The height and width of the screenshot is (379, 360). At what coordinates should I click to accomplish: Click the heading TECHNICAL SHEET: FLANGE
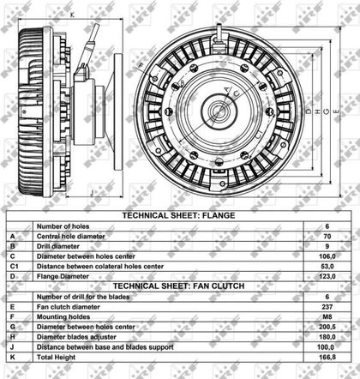(178, 215)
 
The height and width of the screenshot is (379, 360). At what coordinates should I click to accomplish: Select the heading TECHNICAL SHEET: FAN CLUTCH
(178, 286)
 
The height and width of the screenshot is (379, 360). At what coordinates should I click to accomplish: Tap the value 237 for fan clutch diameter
(327, 307)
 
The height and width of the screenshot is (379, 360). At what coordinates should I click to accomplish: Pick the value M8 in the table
(327, 317)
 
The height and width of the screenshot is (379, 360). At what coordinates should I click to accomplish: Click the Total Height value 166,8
(327, 358)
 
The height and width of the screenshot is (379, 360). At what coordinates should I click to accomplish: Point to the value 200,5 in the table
(327, 327)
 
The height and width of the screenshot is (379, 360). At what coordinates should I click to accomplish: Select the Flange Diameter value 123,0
(327, 277)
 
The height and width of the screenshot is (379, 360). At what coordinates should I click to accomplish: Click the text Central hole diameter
(71, 237)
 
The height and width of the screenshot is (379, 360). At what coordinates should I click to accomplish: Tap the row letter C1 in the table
(15, 267)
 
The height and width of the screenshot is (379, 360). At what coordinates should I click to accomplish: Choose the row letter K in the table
(13, 358)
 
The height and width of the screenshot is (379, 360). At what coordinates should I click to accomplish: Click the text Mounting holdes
(63, 317)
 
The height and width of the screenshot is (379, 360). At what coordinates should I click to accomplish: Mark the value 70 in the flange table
(327, 237)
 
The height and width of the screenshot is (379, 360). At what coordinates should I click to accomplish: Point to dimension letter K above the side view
(72, 15)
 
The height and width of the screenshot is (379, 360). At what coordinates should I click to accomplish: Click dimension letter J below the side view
(92, 193)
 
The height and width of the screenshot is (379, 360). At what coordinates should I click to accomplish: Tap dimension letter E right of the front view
(336, 111)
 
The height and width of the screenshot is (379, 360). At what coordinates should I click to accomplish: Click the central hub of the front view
(219, 112)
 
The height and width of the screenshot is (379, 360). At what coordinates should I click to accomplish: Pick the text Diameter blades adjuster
(76, 337)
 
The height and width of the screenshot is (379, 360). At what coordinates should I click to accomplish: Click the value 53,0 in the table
(327, 267)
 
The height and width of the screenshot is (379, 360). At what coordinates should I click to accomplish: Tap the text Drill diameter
(58, 246)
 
